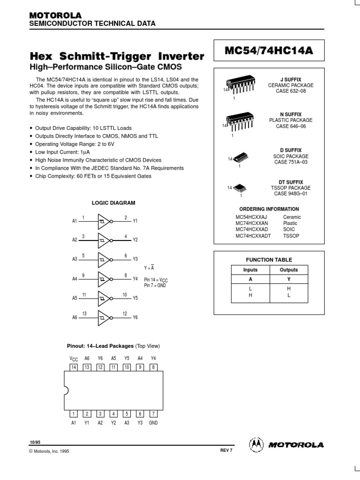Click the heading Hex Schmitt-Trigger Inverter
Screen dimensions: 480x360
[x=117, y=57]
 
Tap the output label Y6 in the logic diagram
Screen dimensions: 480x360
[x=135, y=317]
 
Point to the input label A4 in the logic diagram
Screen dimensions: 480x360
[x=75, y=278]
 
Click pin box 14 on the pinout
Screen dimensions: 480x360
[x=74, y=367]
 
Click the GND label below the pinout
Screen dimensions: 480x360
[x=153, y=422]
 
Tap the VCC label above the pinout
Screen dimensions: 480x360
[x=73, y=358]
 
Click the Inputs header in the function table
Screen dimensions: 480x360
[x=250, y=270]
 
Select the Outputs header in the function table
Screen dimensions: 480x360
[x=289, y=270]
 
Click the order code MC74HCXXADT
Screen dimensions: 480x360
[x=253, y=236]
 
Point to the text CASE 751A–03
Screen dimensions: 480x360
[x=291, y=162]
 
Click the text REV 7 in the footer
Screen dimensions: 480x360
[x=226, y=450]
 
